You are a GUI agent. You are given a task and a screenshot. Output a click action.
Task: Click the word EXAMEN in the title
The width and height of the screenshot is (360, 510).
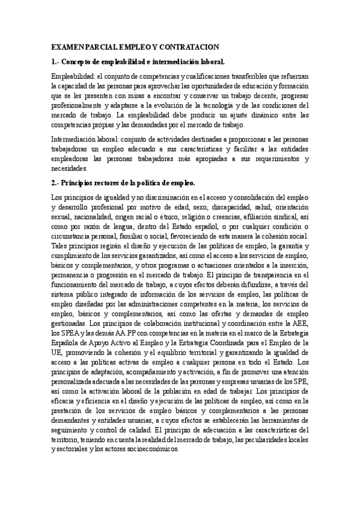click(x=68, y=46)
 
